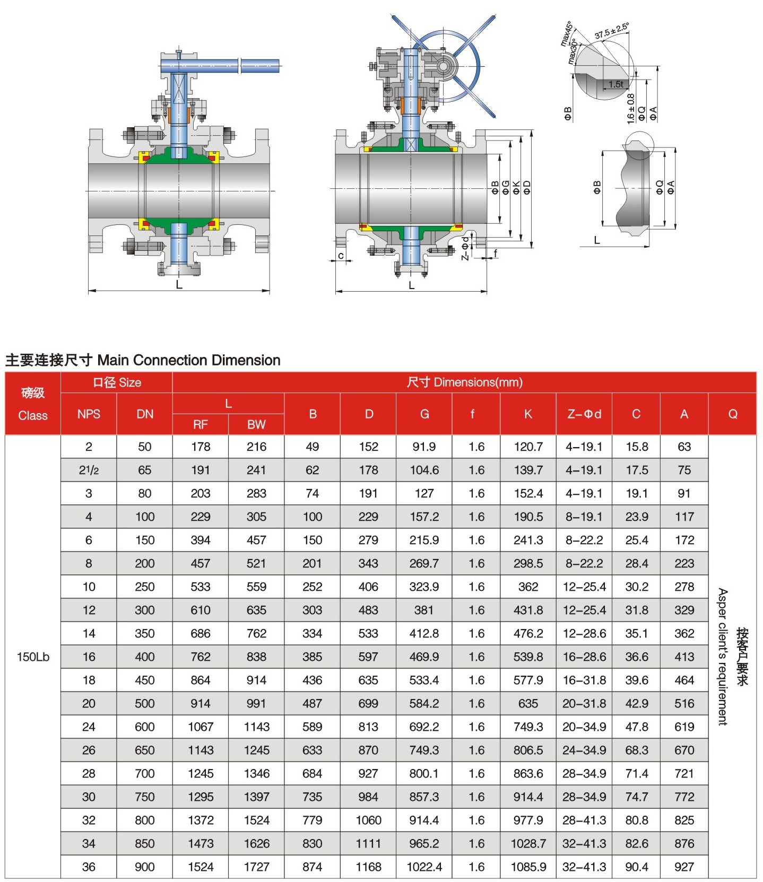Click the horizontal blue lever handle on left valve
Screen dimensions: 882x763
[220, 66]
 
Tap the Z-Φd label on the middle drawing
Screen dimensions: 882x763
[465, 248]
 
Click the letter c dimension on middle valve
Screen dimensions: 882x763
[341, 256]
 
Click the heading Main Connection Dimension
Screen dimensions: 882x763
[188, 360]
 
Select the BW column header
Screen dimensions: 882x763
[256, 424]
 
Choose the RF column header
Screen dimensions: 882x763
[200, 424]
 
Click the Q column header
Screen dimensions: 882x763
[732, 414]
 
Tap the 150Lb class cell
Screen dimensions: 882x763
[33, 657]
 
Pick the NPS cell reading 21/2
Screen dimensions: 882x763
[89, 470]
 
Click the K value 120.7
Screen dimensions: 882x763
[528, 447]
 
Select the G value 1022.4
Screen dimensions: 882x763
[424, 867]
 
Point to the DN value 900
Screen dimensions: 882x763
[144, 867]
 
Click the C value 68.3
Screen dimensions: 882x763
[636, 750]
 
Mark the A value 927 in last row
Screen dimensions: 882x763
[684, 867]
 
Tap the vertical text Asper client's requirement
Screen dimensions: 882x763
[723, 657]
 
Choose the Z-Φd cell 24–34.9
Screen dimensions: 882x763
[584, 750]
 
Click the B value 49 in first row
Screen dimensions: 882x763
[312, 447]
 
